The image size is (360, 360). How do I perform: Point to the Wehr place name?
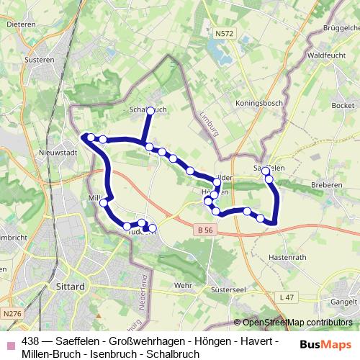click(184, 286)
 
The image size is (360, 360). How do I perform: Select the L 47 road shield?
click(289, 297)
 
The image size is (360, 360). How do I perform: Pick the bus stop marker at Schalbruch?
click(150, 111)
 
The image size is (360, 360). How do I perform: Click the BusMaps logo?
click(326, 343)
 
